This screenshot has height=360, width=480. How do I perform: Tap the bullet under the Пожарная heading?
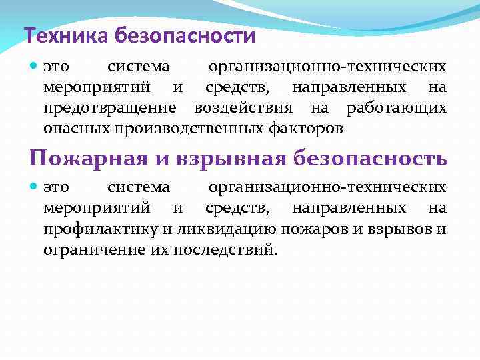(x=35, y=188)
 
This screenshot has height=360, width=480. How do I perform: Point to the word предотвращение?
(x=110, y=108)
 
